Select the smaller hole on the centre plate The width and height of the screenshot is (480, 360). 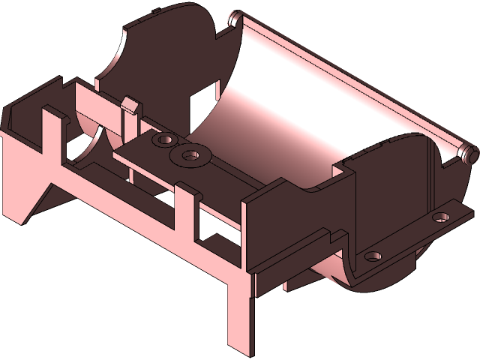coord(164,140)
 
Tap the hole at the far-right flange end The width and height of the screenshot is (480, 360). coord(441,217)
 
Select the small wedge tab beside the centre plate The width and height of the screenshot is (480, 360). coord(129,104)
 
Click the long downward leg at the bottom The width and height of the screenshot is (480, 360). coord(241,315)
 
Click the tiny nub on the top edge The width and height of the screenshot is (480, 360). coord(154,11)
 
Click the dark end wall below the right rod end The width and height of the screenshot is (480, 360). coord(442,180)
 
